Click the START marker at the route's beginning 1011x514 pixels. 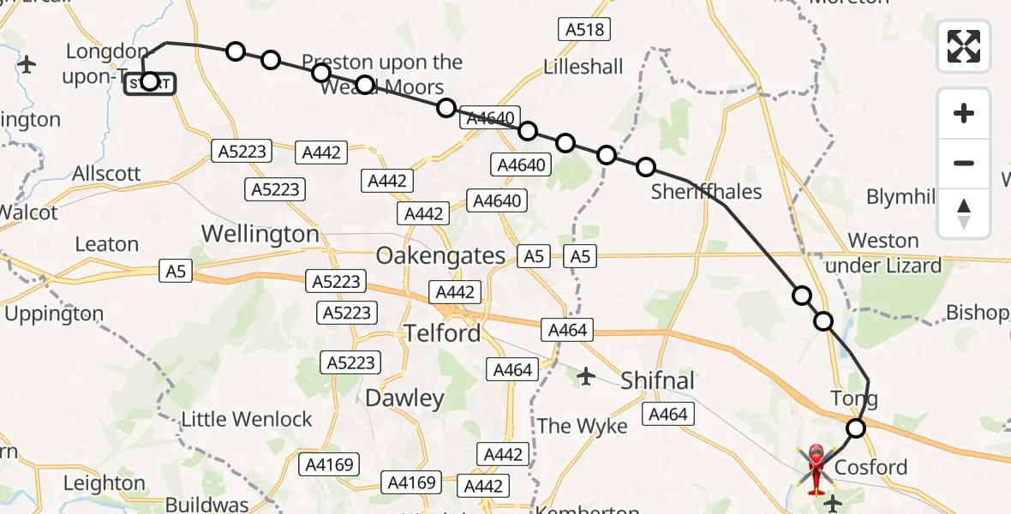tap(150, 82)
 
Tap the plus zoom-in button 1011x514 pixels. tap(964, 113)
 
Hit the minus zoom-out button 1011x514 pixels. tap(964, 163)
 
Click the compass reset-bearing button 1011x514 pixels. tap(964, 213)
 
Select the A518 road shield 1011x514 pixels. tap(585, 30)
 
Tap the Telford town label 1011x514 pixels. tap(443, 332)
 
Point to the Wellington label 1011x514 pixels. tap(260, 234)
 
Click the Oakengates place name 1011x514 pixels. tap(441, 255)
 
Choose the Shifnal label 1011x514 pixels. tap(657, 380)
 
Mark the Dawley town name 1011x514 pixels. tap(404, 398)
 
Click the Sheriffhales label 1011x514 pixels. tap(706, 192)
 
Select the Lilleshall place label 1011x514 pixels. tap(583, 67)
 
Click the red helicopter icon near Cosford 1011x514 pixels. tap(815, 467)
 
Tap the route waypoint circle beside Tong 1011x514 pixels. tap(855, 427)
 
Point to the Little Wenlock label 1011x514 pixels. tap(247, 420)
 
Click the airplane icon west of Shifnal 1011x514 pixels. tap(586, 375)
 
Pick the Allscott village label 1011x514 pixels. tap(106, 173)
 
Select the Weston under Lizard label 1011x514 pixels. tap(883, 253)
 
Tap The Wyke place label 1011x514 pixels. tap(582, 426)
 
